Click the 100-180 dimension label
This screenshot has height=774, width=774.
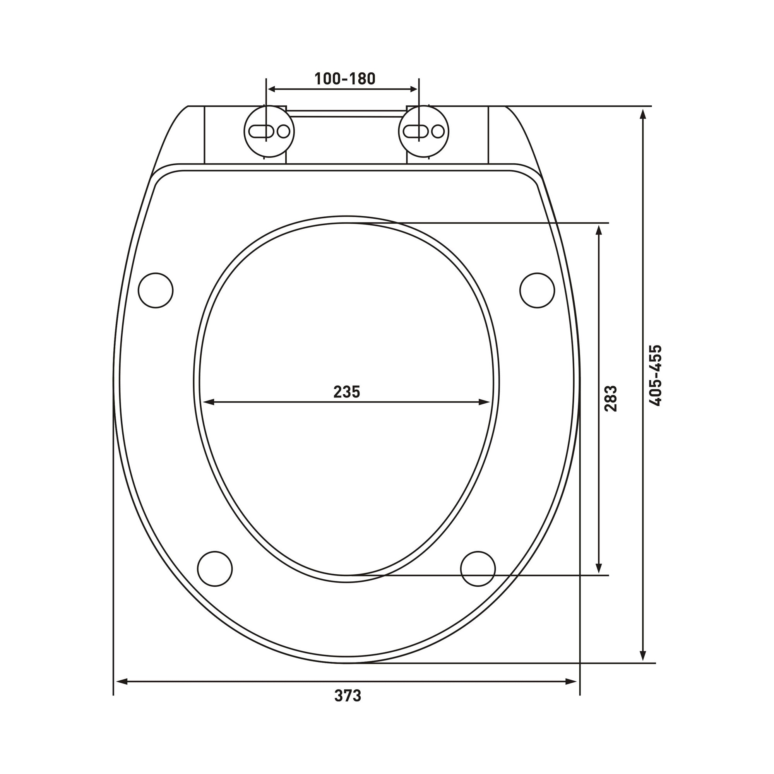[345, 79]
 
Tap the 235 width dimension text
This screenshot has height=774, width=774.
[347, 392]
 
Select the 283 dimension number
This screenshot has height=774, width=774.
[611, 399]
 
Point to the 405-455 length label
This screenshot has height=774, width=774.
[656, 375]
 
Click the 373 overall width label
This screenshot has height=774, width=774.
[348, 707]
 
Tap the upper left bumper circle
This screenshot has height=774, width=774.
[156, 291]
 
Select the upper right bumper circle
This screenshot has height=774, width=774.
[537, 291]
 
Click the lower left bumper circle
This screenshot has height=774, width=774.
[215, 569]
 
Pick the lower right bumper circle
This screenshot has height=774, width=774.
[478, 569]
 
